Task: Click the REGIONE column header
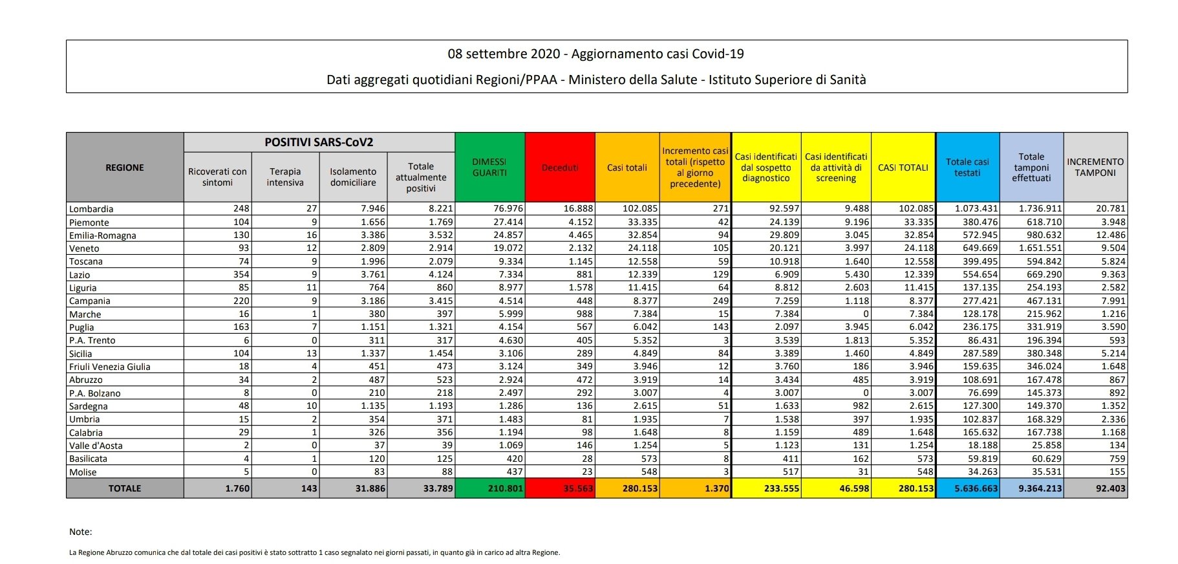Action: point(125,168)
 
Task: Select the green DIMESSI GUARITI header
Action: point(489,168)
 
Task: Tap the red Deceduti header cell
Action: point(560,168)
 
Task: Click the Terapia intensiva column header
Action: point(285,177)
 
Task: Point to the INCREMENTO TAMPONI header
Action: point(1095,168)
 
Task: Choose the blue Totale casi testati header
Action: point(967,168)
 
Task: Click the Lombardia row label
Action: point(91,209)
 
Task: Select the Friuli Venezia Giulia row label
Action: point(110,367)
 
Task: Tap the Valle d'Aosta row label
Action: point(96,446)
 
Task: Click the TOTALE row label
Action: point(125,488)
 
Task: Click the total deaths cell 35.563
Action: point(577,488)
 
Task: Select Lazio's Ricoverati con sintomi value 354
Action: point(241,274)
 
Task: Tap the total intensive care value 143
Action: point(309,488)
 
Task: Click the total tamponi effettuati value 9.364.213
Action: point(1040,488)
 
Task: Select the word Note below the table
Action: point(80,532)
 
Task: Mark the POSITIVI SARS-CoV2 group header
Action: point(319,142)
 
